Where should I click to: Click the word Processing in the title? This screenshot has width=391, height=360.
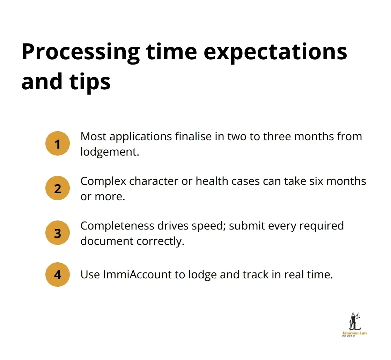click(x=80, y=52)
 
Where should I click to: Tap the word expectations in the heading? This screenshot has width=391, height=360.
click(x=275, y=52)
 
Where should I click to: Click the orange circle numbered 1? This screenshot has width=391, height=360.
click(x=58, y=143)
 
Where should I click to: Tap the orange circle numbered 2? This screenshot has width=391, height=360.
click(x=58, y=188)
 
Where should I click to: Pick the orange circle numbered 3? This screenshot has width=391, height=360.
click(x=58, y=233)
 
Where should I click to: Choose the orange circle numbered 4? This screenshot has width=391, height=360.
click(x=58, y=275)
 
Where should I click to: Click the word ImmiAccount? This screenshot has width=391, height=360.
click(x=138, y=275)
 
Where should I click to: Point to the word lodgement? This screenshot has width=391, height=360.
click(x=109, y=152)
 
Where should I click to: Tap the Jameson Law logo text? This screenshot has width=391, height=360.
click(x=354, y=333)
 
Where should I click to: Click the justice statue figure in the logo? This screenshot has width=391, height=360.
click(x=354, y=321)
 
